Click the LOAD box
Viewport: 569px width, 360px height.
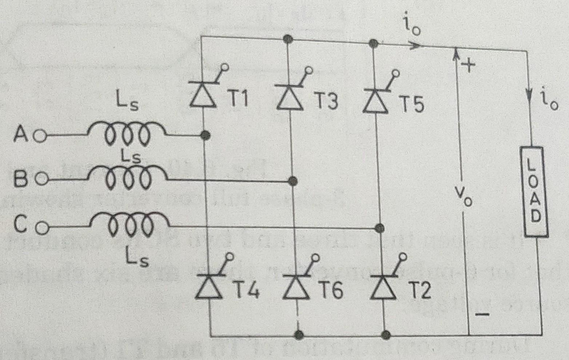click(x=533, y=192)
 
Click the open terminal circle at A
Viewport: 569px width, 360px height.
click(x=40, y=137)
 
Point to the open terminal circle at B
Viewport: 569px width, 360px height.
click(x=42, y=179)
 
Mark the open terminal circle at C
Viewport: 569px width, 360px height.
click(x=42, y=228)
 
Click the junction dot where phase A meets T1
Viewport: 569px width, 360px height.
click(x=206, y=136)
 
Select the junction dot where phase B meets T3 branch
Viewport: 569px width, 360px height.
click(x=292, y=180)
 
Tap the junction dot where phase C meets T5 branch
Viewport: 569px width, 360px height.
click(x=379, y=228)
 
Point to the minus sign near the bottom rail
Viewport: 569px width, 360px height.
click(x=482, y=314)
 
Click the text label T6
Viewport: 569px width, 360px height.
click(x=331, y=290)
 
